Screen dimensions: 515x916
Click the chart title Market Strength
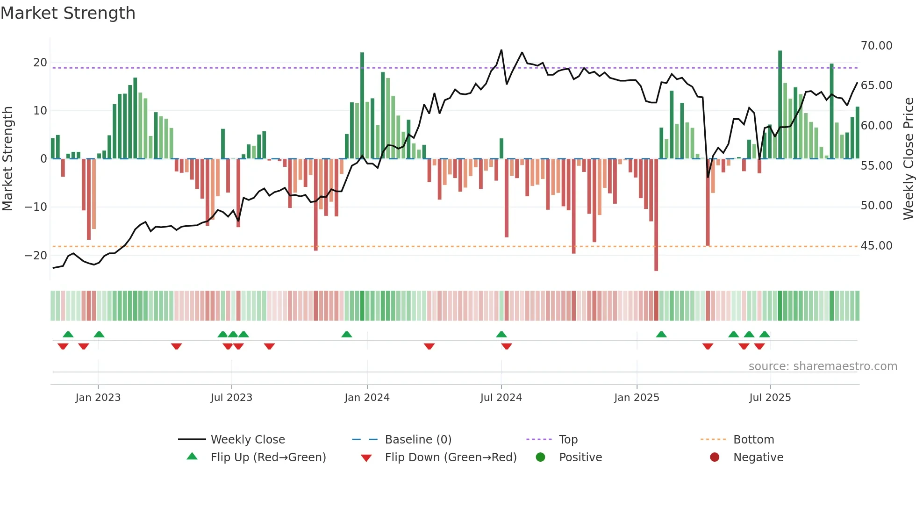pos(68,13)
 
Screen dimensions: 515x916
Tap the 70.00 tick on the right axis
pos(876,46)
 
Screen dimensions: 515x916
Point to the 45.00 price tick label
pos(876,246)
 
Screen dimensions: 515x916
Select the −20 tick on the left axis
pos(36,256)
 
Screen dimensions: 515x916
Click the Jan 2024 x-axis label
pos(367,398)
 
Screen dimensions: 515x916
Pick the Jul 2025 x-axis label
pos(770,398)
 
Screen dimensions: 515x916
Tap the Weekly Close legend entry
pos(247,440)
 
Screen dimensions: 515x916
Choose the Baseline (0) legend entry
pos(418,440)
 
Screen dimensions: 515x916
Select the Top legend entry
pos(568,440)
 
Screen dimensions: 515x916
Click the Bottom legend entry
pos(753,440)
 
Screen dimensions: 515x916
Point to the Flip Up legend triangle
pos(192,457)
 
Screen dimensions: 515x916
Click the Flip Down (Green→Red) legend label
pos(451,458)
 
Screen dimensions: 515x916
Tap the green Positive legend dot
pos(540,458)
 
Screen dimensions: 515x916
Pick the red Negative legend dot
pos(715,458)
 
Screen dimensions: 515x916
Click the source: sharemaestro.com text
pos(823,366)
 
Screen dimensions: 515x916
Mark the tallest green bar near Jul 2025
pos(780,105)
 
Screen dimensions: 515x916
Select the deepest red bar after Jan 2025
pos(656,215)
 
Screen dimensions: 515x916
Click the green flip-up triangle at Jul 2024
pos(501,334)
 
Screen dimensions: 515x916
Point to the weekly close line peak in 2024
pos(501,50)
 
